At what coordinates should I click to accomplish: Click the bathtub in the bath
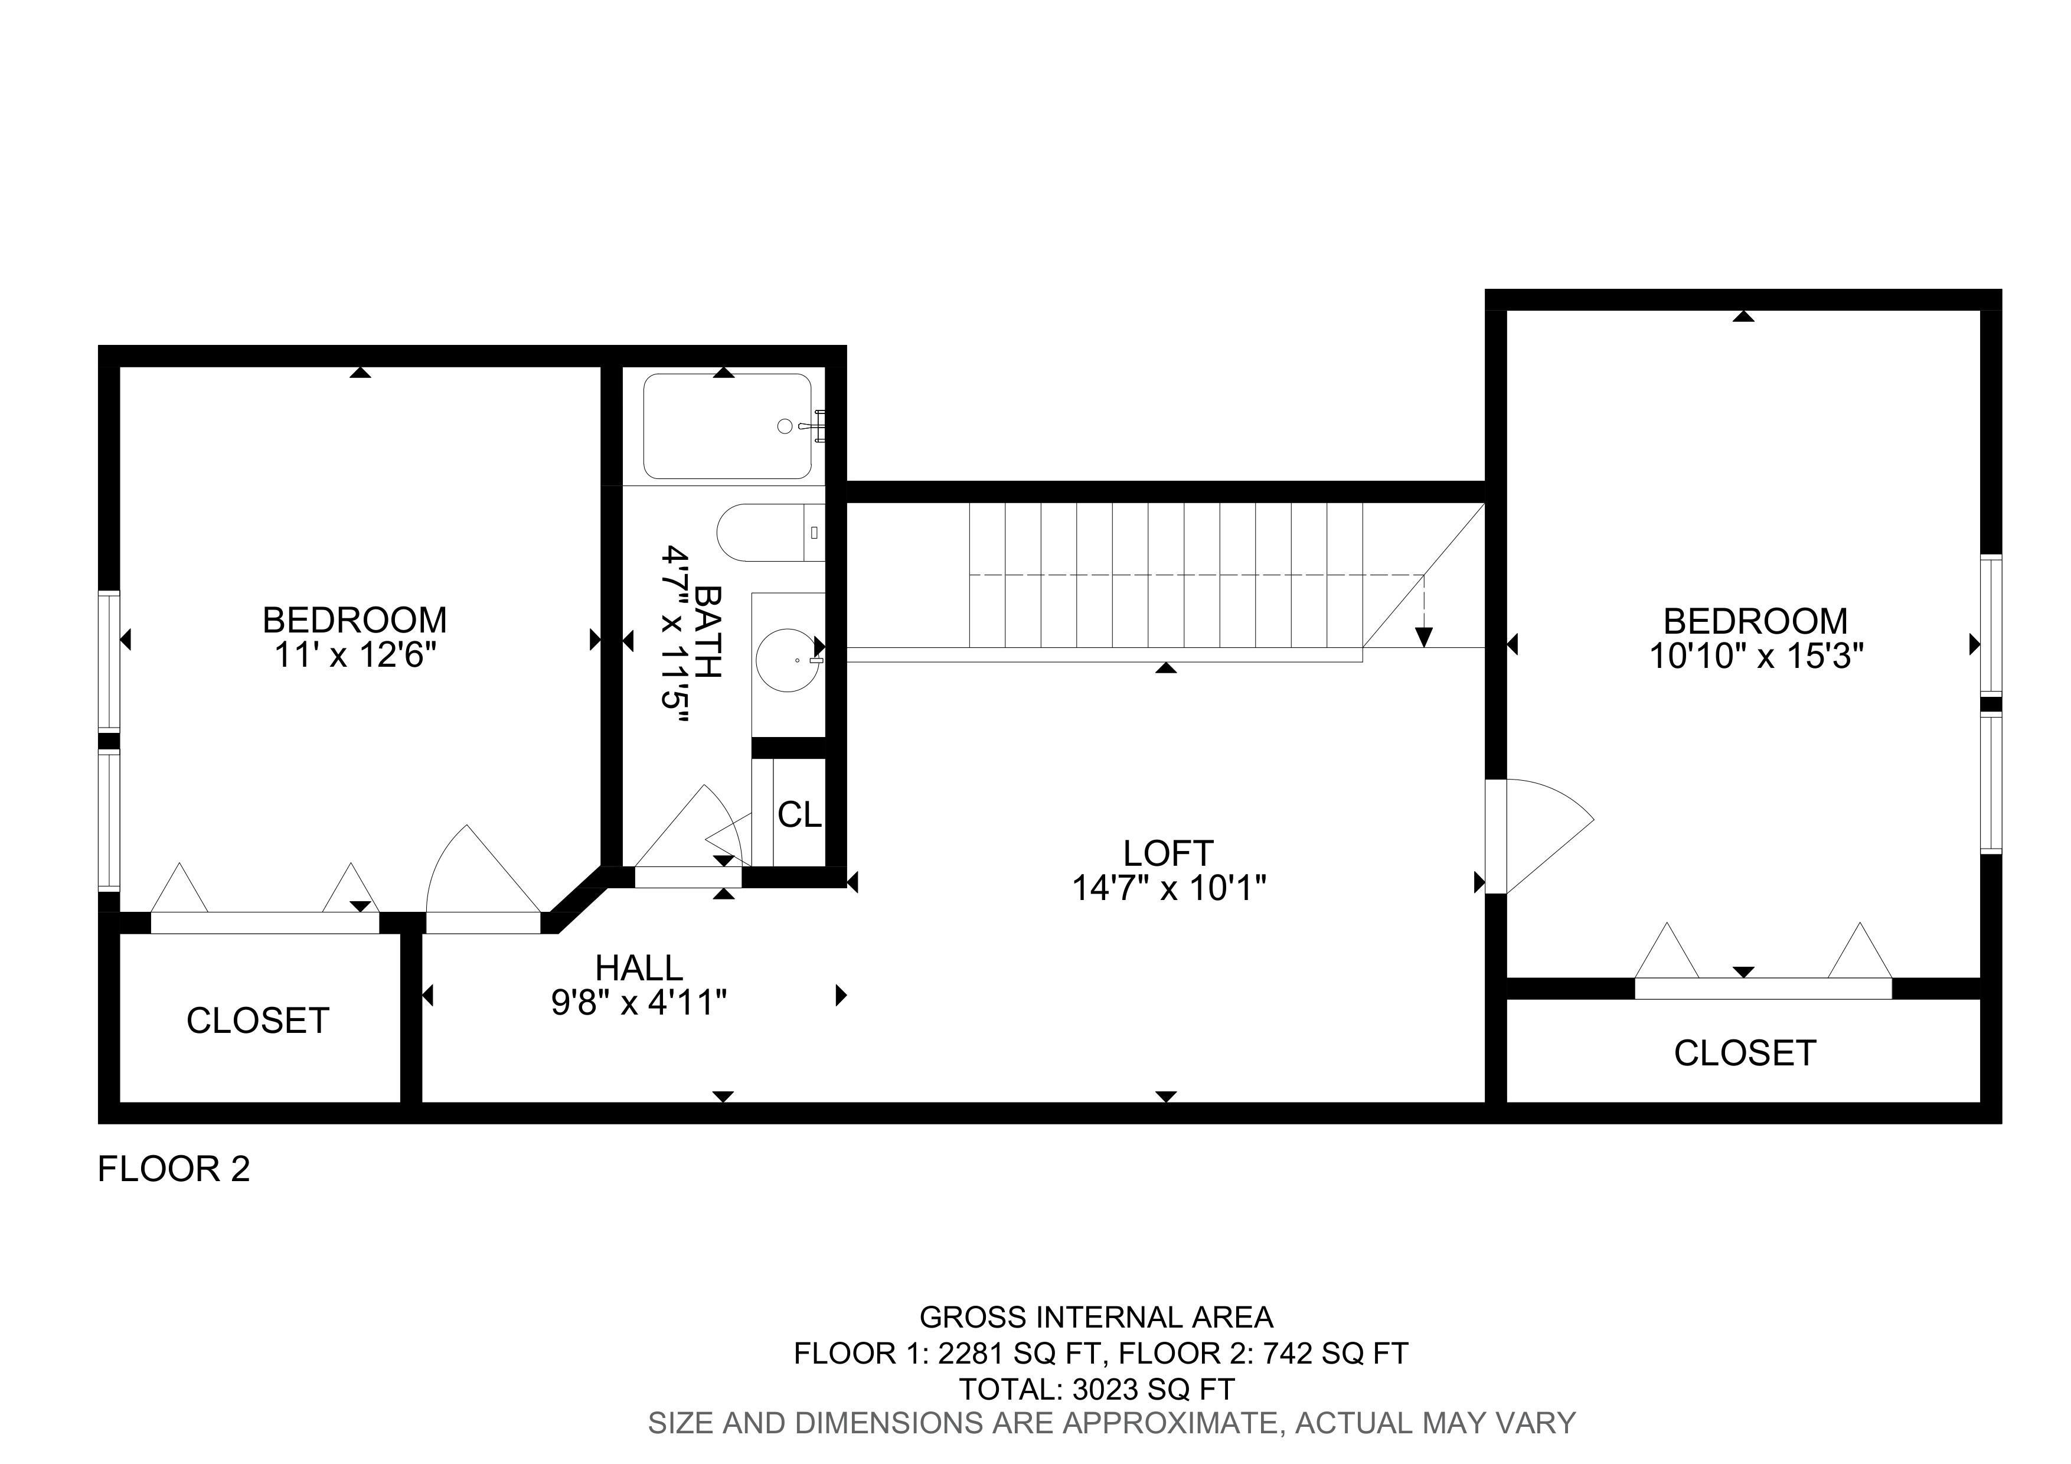coord(727,426)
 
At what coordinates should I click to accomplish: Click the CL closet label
coord(799,816)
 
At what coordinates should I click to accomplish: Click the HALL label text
coord(639,968)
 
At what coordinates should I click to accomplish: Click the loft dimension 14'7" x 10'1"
coord(1168,889)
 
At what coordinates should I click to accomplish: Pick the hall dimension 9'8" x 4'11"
coord(639,1002)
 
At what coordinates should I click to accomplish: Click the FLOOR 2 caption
coord(173,1169)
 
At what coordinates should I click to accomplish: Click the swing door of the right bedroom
coord(1539,836)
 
